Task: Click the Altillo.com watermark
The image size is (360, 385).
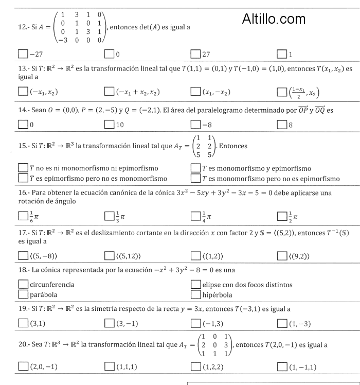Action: [274, 20]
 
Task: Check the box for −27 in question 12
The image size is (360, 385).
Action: [23, 54]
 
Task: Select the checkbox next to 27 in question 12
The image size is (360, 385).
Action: [195, 54]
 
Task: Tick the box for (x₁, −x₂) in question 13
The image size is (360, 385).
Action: [195, 92]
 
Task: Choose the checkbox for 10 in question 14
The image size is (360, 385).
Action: [109, 125]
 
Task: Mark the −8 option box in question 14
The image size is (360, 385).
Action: [195, 125]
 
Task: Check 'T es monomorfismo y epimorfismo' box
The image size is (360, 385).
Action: [195, 168]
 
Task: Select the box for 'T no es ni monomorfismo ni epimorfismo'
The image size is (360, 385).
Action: [23, 168]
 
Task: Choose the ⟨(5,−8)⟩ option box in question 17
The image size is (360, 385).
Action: [23, 256]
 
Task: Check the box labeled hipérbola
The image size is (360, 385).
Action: [195, 295]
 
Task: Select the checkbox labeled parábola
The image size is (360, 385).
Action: [23, 295]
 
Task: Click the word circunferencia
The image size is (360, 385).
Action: [52, 285]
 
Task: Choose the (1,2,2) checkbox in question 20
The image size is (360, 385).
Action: [195, 366]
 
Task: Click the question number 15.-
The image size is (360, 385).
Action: [24, 146]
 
